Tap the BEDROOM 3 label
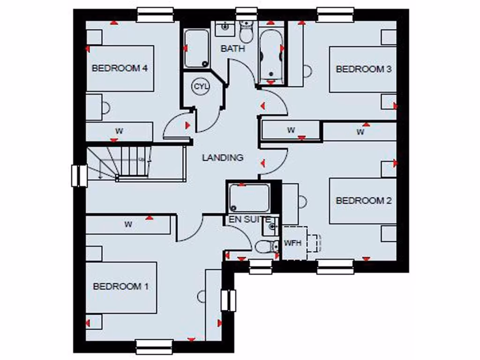(x=364, y=69)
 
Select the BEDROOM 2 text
(x=364, y=201)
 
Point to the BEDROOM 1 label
(x=120, y=286)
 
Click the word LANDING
(x=223, y=158)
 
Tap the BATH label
(x=233, y=48)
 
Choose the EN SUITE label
(x=249, y=219)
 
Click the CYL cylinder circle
(x=200, y=86)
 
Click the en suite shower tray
(x=249, y=198)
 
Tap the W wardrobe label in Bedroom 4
(x=119, y=131)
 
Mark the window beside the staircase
(x=79, y=176)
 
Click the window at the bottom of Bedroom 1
(x=155, y=346)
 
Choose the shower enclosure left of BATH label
(x=196, y=49)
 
